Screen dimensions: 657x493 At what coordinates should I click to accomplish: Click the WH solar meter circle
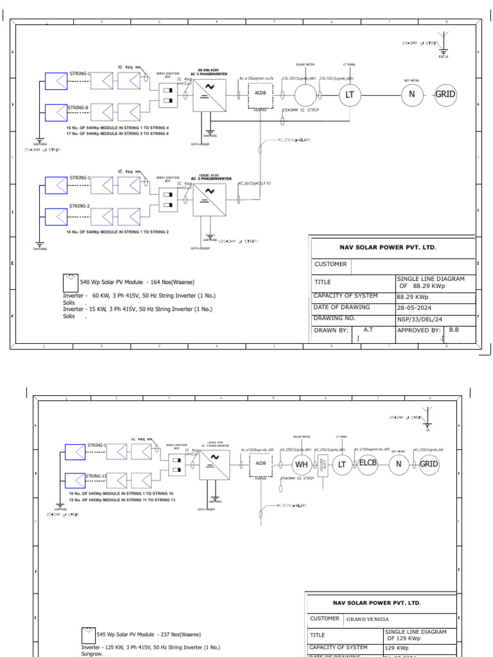302,465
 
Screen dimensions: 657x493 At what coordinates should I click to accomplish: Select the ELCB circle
368,464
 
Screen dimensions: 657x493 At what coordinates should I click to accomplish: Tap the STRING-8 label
78,108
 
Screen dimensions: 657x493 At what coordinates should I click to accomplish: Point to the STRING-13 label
96,476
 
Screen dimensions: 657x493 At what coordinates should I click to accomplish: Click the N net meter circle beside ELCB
399,464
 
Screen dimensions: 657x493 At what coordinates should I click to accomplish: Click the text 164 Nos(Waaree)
171,282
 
